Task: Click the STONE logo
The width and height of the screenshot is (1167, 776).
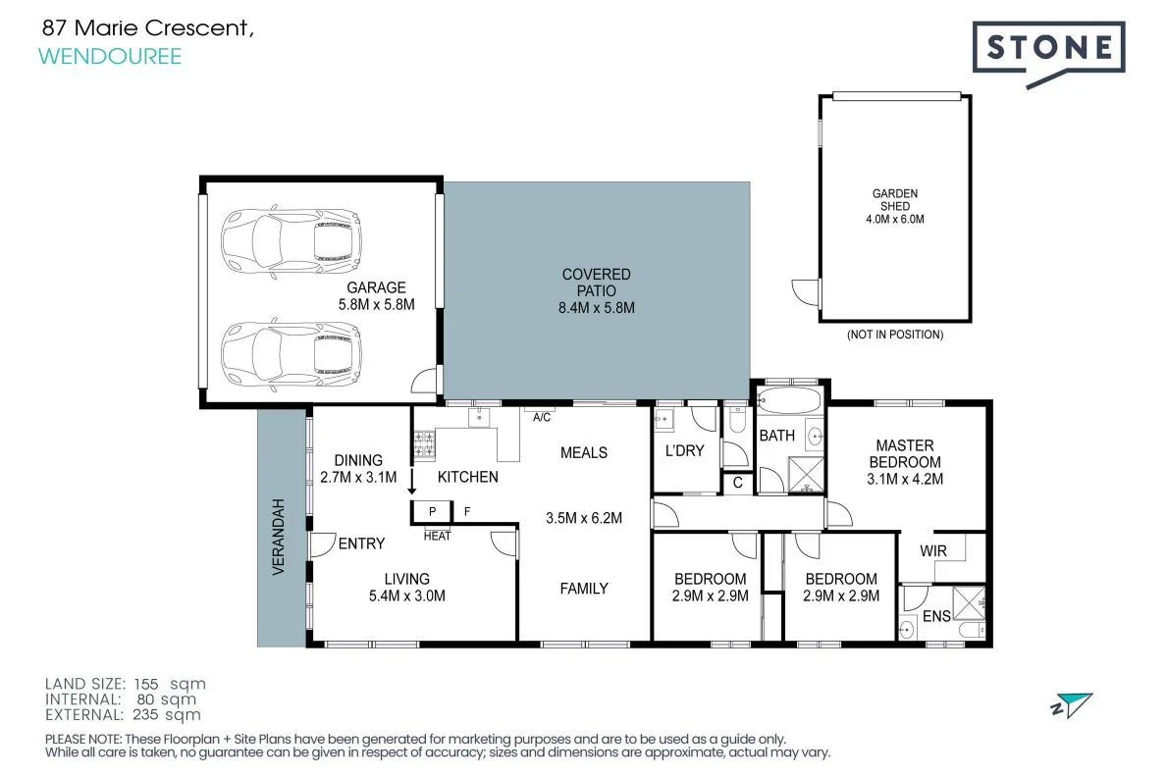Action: click(x=1048, y=52)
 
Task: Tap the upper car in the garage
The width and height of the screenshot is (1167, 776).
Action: click(x=292, y=241)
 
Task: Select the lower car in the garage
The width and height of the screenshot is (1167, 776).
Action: click(x=292, y=354)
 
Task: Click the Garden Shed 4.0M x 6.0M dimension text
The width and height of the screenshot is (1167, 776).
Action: click(x=894, y=220)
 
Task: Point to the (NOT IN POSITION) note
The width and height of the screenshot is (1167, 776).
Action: click(x=894, y=335)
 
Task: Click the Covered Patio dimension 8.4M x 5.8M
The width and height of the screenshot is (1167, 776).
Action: click(x=596, y=308)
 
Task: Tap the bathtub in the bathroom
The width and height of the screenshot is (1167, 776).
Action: click(x=789, y=401)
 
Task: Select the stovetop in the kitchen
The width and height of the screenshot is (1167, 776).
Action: click(x=424, y=445)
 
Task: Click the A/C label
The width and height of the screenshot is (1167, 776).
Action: click(x=542, y=417)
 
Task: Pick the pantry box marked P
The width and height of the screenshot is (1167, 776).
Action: click(x=432, y=512)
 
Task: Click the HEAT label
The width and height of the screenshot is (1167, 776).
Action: click(x=437, y=536)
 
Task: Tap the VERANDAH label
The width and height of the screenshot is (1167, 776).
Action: click(x=279, y=537)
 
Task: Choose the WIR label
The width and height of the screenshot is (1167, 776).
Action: click(x=933, y=551)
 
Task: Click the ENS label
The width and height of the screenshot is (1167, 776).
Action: click(x=936, y=616)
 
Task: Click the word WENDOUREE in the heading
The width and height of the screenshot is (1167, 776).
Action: click(x=110, y=57)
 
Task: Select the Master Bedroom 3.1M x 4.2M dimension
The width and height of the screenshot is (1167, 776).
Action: click(x=905, y=479)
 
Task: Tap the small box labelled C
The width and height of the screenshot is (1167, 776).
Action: click(x=737, y=483)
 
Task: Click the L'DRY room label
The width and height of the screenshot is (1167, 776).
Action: click(x=685, y=451)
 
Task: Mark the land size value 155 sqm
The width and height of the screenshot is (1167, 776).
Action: click(x=170, y=684)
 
